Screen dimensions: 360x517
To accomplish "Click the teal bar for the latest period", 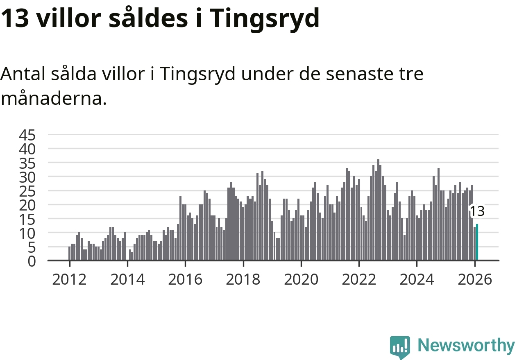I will click(x=477, y=242).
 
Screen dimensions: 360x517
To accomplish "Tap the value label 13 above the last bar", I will click(x=477, y=211).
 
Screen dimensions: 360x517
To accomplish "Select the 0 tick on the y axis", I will click(x=32, y=261).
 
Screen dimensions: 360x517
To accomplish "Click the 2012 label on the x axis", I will click(x=70, y=280).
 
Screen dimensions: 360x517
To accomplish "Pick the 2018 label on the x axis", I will click(x=243, y=280).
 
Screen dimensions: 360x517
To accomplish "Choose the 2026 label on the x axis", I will click(x=474, y=280).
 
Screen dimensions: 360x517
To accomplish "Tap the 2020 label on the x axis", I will click(x=301, y=280).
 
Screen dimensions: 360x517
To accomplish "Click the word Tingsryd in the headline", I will click(x=266, y=18).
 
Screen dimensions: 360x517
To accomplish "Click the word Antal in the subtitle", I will click(x=23, y=74).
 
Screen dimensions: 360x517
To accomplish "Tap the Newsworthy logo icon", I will click(x=399, y=347).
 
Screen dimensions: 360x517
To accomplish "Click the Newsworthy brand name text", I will click(x=466, y=346).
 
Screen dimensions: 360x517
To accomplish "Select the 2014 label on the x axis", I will click(x=127, y=280).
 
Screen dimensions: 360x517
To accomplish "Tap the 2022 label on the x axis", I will click(x=359, y=280).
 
